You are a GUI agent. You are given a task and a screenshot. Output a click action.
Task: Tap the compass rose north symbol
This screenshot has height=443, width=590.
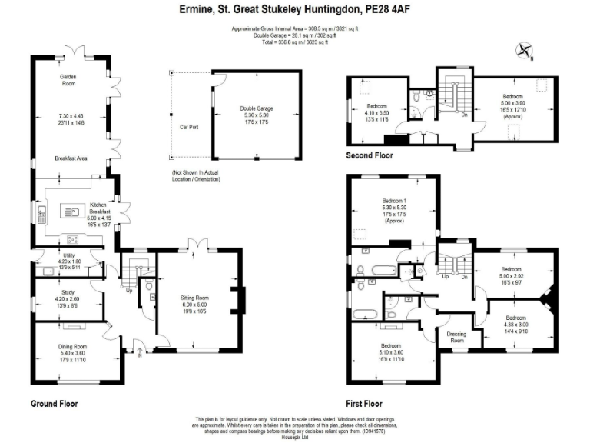pyautogui.click(x=525, y=51)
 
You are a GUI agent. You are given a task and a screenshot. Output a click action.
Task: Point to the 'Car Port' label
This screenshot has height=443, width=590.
pyautogui.click(x=188, y=127)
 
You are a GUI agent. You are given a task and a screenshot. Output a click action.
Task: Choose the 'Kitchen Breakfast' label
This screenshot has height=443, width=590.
pyautogui.click(x=101, y=208)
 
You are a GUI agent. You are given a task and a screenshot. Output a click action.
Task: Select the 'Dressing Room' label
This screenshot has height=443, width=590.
pyautogui.click(x=456, y=337)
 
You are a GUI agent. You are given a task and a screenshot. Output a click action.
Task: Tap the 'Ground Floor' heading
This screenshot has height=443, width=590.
pyautogui.click(x=54, y=403)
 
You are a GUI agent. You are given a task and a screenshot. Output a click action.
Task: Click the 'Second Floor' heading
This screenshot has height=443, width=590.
pyautogui.click(x=370, y=155)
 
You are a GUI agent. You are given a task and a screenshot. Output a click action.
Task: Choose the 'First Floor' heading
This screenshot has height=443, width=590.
pyautogui.click(x=364, y=403)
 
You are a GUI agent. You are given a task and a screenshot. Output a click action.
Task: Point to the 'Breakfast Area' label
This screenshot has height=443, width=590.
pyautogui.click(x=71, y=158)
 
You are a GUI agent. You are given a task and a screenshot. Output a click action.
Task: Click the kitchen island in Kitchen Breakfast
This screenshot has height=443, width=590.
pyautogui.click(x=75, y=208)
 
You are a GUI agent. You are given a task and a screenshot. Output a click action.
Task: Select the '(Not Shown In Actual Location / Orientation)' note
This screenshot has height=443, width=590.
pyautogui.click(x=196, y=176)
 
